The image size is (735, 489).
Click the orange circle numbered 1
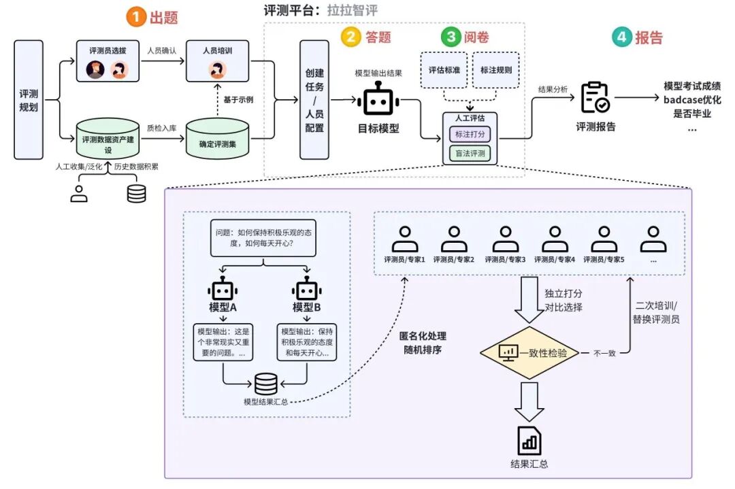pyautogui.click(x=137, y=17)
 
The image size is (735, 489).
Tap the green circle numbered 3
pyautogui.click(x=451, y=37)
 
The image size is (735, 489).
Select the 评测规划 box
pyautogui.click(x=29, y=99)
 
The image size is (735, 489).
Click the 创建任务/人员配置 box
pyautogui.click(x=314, y=99)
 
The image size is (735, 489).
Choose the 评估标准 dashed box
pyautogui.click(x=443, y=70)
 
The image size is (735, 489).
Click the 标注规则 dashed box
pyautogui.click(x=495, y=70)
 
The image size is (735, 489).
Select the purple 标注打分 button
pyautogui.click(x=470, y=134)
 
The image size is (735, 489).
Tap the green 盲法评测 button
pyautogui.click(x=470, y=153)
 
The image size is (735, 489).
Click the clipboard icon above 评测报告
pyautogui.click(x=595, y=99)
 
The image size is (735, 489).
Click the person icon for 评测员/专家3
pyautogui.click(x=505, y=239)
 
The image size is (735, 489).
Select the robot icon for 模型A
pyautogui.click(x=223, y=289)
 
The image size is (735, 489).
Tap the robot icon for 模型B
pyautogui.click(x=307, y=289)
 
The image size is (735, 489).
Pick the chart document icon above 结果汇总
pyautogui.click(x=529, y=441)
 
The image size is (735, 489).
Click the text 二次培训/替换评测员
pyautogui.click(x=656, y=312)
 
